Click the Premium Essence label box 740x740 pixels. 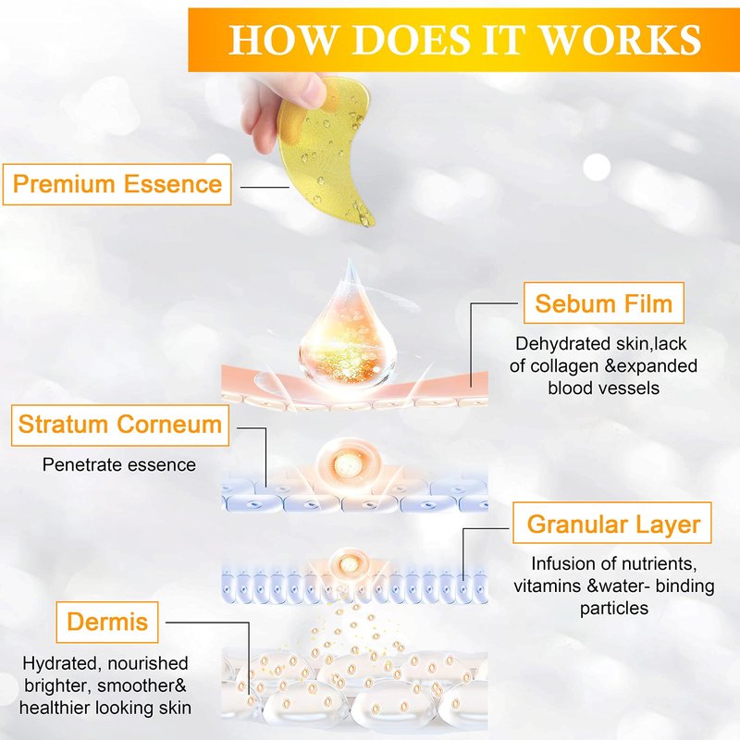(117, 184)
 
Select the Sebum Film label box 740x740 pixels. (604, 303)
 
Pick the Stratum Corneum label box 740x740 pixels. (120, 425)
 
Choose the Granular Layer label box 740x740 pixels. (612, 523)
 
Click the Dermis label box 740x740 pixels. (107, 622)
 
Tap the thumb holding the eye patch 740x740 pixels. (307, 90)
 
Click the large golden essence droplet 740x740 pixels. (349, 330)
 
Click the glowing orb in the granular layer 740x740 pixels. (349, 562)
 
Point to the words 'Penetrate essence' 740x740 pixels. (119, 465)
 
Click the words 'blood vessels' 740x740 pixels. (604, 388)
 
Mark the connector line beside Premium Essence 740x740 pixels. (265, 188)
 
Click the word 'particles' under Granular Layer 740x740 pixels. (614, 609)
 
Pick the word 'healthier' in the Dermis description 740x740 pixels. (55, 708)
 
